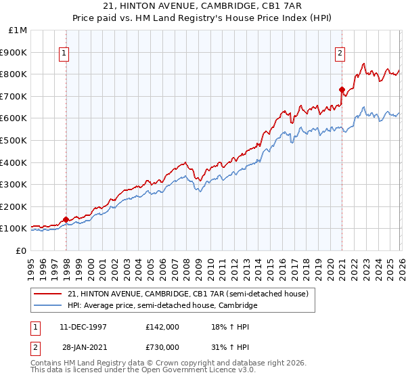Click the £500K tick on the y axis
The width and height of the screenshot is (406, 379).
tap(14, 140)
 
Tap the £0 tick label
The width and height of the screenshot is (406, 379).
tap(21, 250)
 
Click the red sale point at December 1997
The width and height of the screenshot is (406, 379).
tap(66, 219)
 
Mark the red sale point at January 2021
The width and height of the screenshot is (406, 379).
tap(342, 89)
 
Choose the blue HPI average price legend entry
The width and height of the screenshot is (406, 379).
tap(162, 306)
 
